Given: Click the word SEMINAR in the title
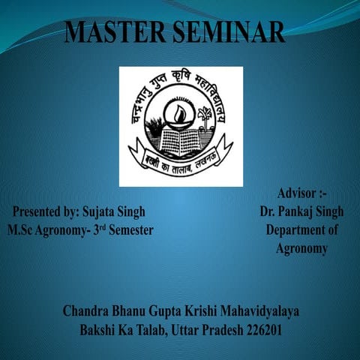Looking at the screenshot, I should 229,32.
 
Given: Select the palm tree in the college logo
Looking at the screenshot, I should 204,116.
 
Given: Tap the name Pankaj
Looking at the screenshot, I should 296,212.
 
